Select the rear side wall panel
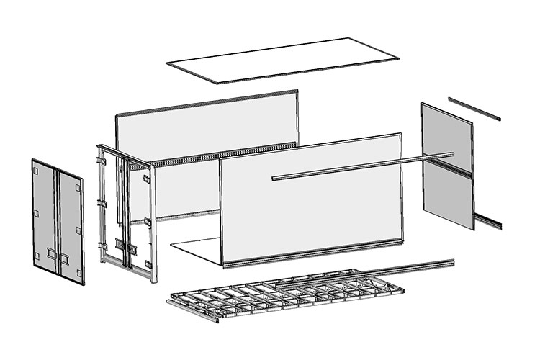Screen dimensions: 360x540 209,130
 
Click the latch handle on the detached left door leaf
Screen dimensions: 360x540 50,253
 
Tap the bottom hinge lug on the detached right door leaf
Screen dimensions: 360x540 78,271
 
